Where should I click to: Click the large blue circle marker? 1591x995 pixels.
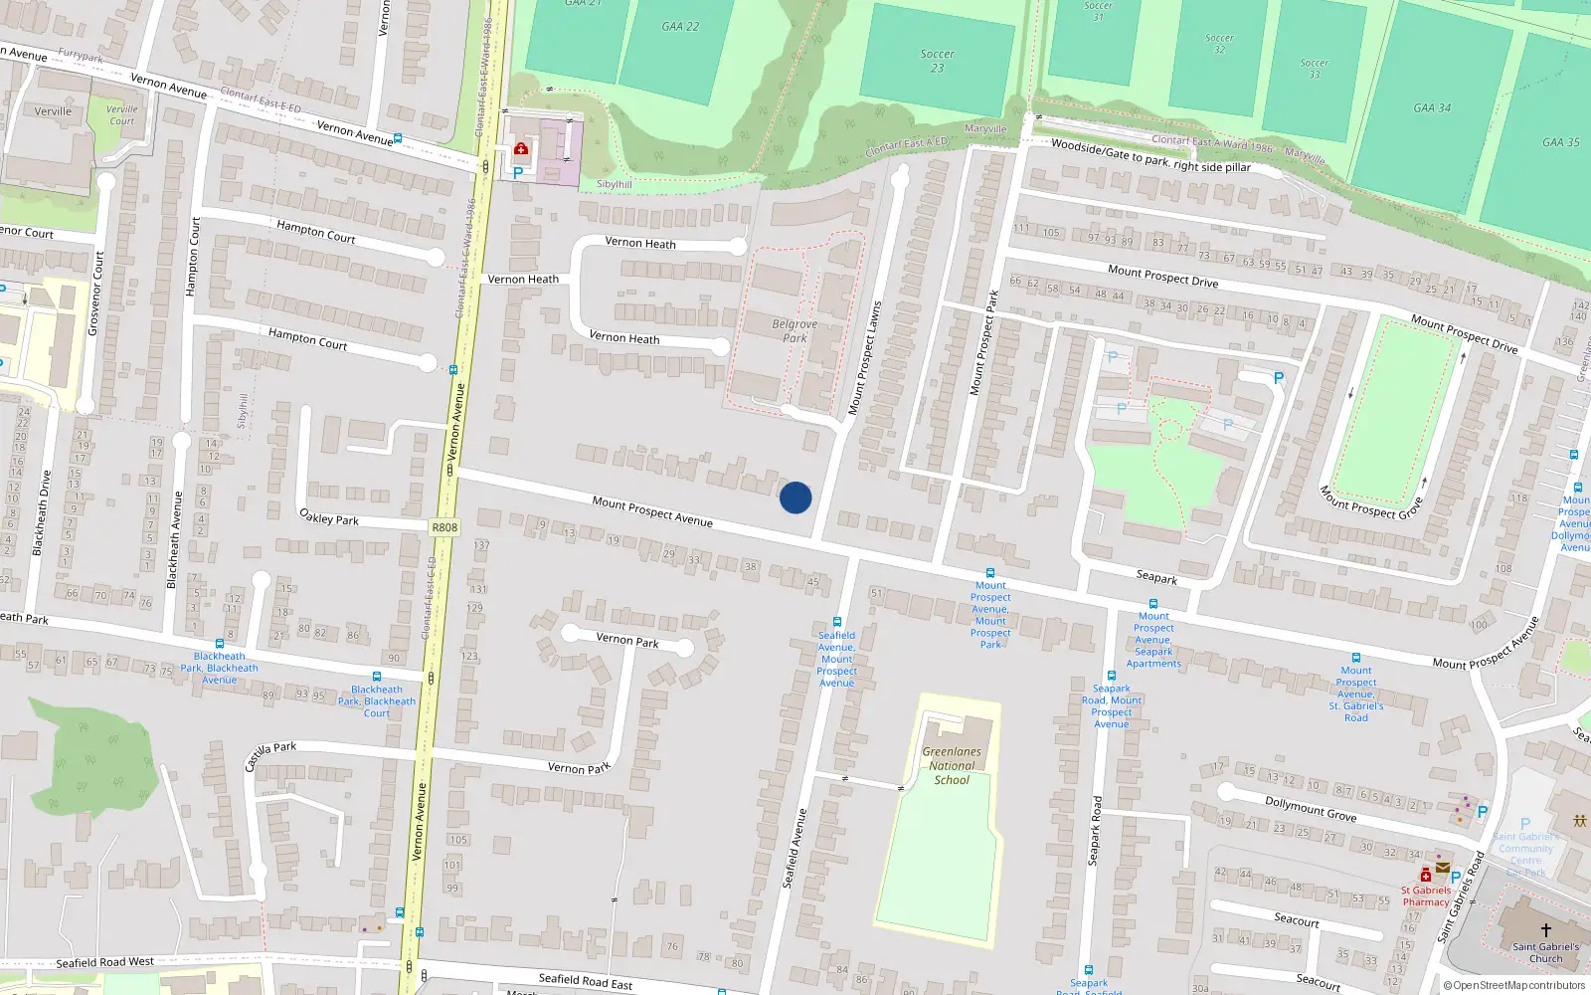tap(795, 497)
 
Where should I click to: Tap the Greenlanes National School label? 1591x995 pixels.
tap(952, 766)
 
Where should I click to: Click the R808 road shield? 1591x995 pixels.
tap(445, 527)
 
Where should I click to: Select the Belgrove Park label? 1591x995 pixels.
tap(795, 330)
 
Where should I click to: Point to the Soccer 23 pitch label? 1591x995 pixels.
tap(937, 61)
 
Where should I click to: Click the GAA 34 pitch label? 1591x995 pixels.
tap(1432, 107)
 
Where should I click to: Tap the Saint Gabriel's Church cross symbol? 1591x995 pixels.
tap(1546, 929)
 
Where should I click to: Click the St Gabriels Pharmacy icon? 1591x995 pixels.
tap(1425, 875)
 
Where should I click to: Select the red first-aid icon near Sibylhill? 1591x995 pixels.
tap(520, 149)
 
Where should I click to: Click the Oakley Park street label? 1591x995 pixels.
tap(329, 517)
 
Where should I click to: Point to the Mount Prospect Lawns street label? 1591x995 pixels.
tap(864, 358)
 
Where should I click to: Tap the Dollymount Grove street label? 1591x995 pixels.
tap(1311, 808)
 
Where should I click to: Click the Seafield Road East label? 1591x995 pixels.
tap(585, 981)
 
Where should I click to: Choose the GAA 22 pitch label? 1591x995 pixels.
tap(680, 27)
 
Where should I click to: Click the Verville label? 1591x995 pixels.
tap(53, 111)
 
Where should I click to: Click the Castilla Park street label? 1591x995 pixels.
tap(270, 755)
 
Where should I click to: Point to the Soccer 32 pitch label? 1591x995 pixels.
tap(1219, 44)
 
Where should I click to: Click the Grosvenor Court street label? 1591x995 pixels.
tap(95, 294)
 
